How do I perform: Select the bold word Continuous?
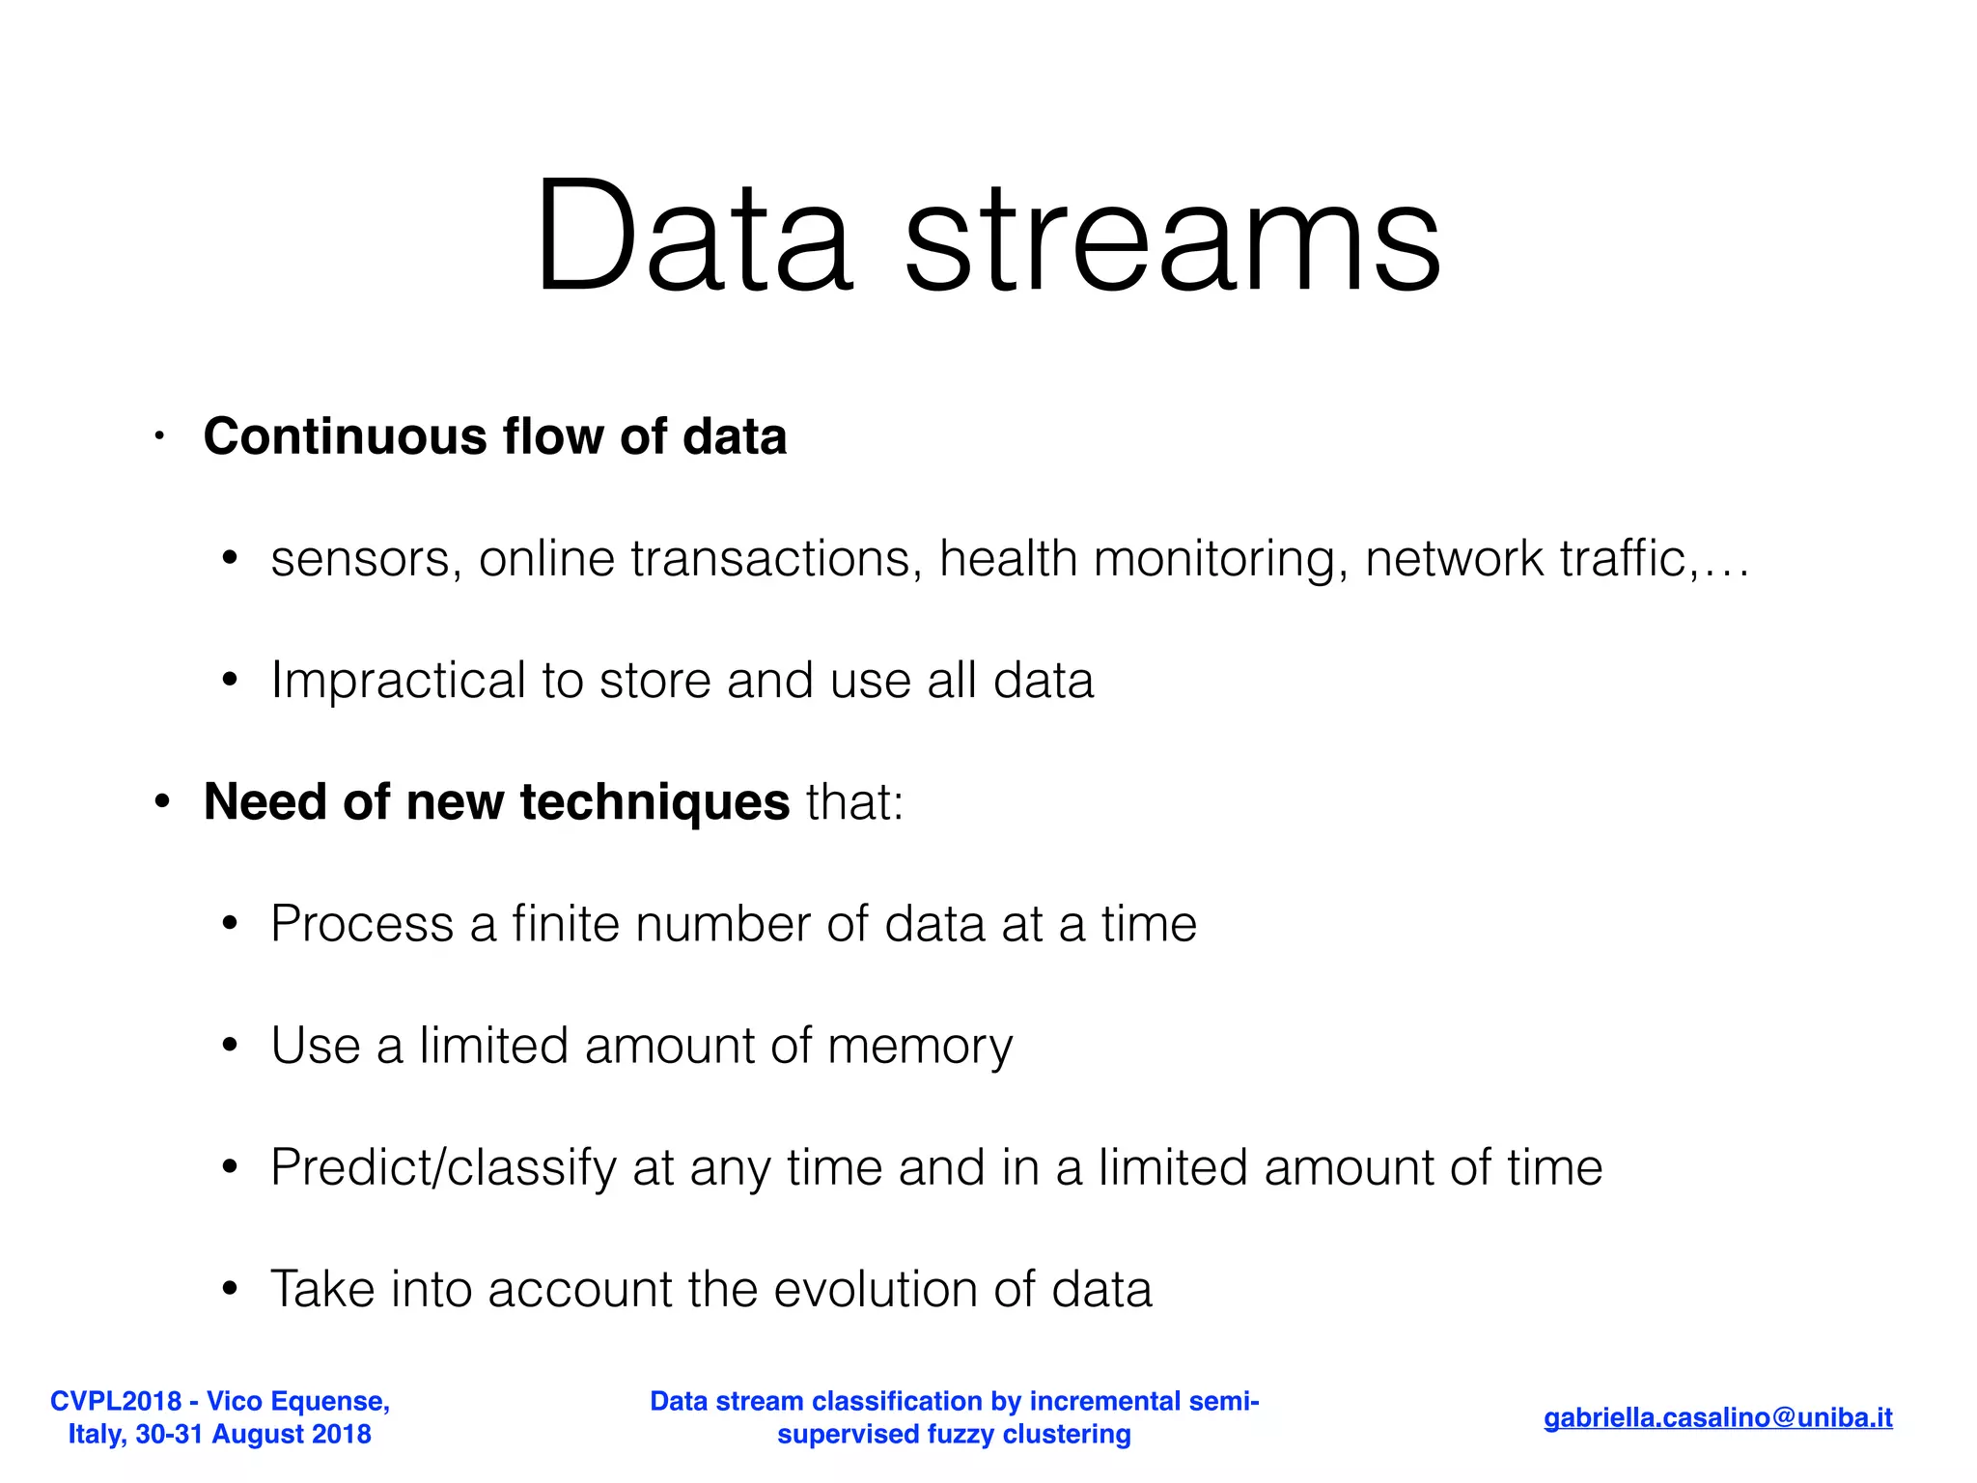coord(345,436)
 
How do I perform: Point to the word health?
coord(1008,559)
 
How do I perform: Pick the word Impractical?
coord(398,681)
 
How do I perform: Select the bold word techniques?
coord(654,802)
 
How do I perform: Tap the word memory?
coord(920,1047)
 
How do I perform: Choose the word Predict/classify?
coord(443,1168)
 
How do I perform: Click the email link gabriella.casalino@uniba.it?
coord(1717,1417)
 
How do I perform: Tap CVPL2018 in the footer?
coord(116,1401)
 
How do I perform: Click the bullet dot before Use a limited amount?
coord(229,1046)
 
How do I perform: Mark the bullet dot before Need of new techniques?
coord(162,802)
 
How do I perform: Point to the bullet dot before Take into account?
coord(229,1289)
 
